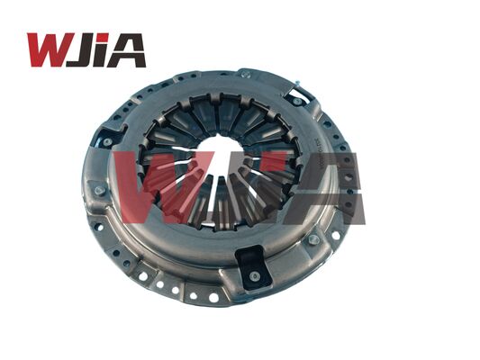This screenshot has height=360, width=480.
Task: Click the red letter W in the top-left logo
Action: pos(48,49)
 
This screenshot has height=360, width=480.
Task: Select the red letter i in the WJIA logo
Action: pos(104,49)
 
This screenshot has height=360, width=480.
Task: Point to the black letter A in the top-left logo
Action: pos(128,49)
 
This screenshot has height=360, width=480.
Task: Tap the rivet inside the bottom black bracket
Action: pos(254,275)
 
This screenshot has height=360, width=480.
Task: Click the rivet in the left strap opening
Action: pos(107,142)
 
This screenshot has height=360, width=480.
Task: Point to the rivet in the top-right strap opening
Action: pos(295,89)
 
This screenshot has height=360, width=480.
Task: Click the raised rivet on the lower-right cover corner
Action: pos(313,239)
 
